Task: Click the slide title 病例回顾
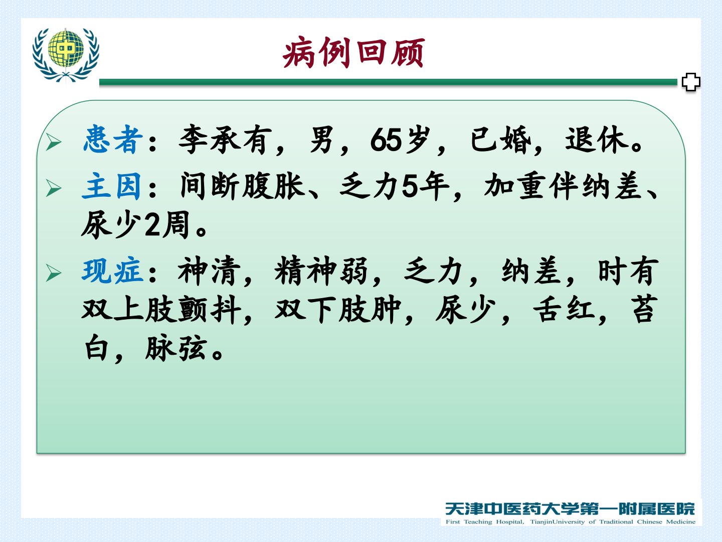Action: click(x=354, y=53)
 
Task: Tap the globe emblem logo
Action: click(x=66, y=55)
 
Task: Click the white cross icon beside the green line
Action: click(x=691, y=82)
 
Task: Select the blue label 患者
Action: click(x=113, y=140)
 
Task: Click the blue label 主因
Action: click(x=112, y=186)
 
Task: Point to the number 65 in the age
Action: click(x=386, y=141)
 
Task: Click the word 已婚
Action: click(x=500, y=140)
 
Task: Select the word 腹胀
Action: click(x=274, y=186)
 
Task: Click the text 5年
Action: click(x=426, y=186)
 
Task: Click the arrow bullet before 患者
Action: click(x=54, y=142)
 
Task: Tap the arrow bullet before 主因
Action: click(x=54, y=188)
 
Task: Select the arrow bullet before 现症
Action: click(x=54, y=273)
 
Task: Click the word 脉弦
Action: click(x=176, y=348)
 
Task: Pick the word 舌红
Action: click(x=564, y=309)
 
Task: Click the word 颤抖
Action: click(x=210, y=309)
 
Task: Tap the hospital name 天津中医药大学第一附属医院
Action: click(x=570, y=508)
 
